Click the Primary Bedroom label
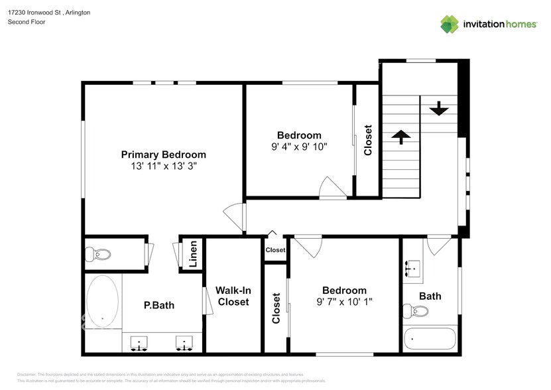tap(163, 155)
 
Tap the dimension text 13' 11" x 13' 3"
tap(163, 167)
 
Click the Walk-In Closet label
tap(232, 296)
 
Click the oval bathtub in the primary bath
tap(103, 301)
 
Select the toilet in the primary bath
tap(100, 254)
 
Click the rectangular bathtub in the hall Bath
tap(430, 340)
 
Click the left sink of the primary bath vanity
tap(140, 343)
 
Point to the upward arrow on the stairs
tap(400, 136)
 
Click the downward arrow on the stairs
tap(438, 108)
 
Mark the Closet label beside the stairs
tap(368, 141)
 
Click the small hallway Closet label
tap(275, 250)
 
